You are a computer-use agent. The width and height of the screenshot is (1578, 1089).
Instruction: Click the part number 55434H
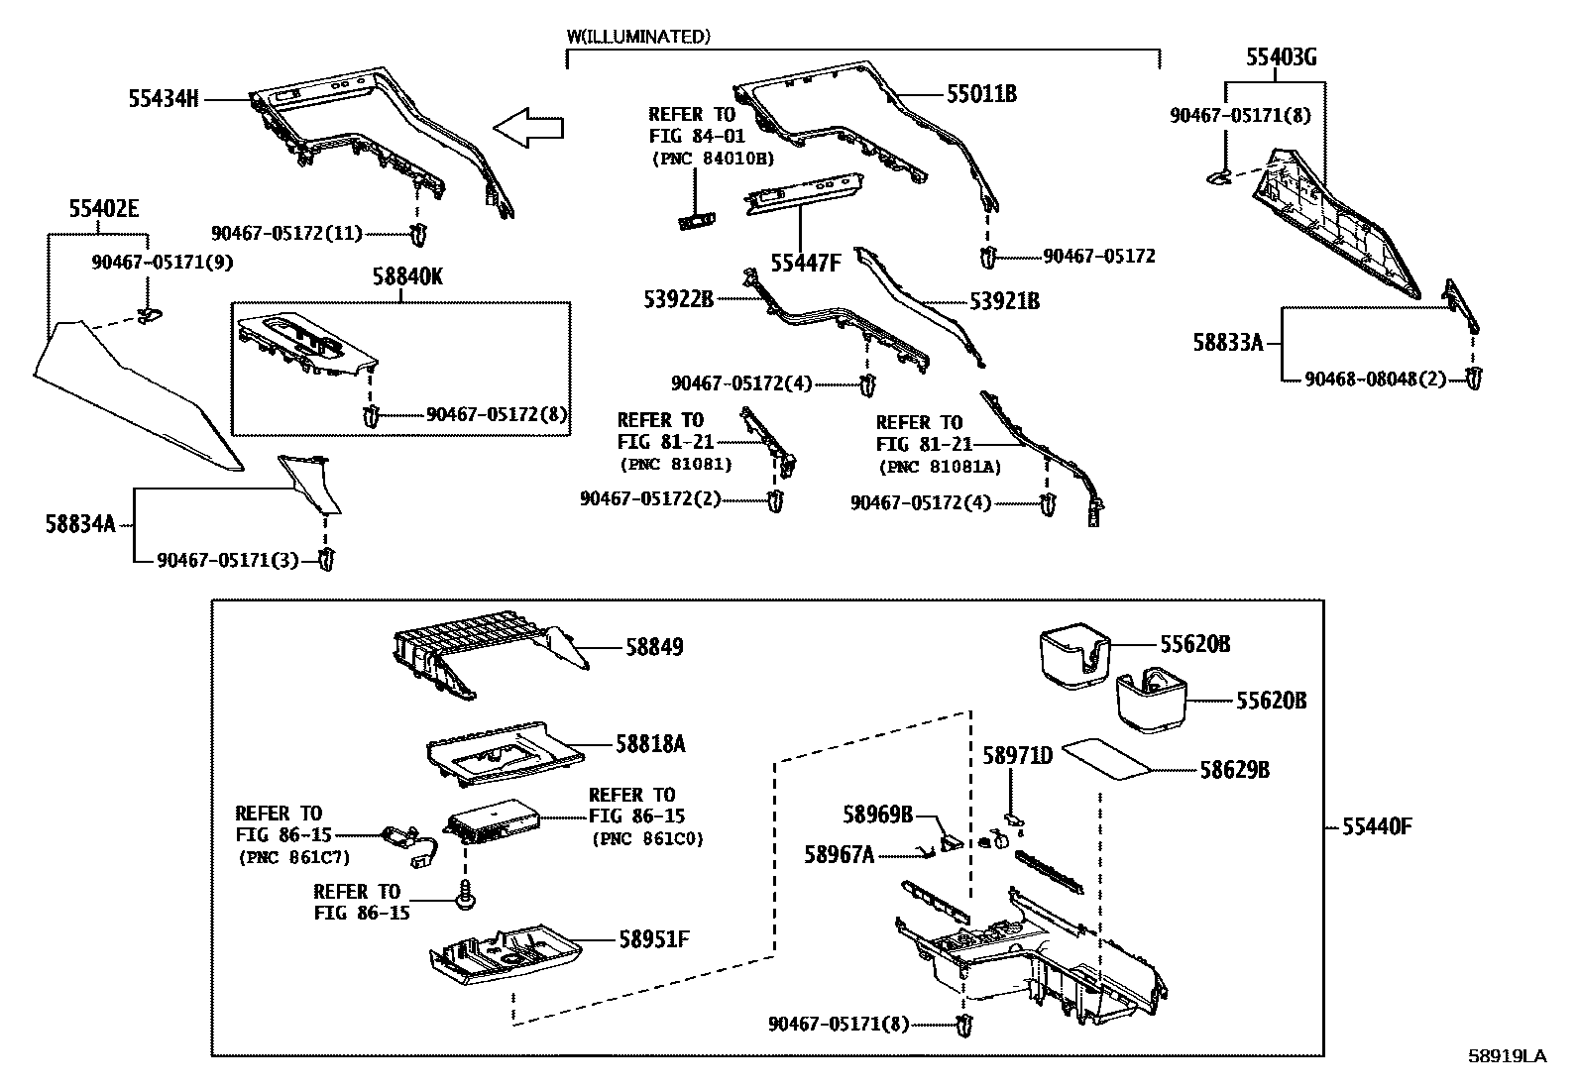coord(164,98)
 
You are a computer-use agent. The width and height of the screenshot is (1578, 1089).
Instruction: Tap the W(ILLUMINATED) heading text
coord(638,38)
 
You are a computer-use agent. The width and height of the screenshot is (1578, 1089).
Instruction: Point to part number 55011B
coord(981,94)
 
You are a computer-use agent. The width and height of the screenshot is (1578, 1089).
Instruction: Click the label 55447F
coord(806,263)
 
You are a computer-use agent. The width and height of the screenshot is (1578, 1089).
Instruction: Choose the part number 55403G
coord(1281,58)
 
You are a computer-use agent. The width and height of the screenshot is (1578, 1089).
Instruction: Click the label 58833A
coord(1228,343)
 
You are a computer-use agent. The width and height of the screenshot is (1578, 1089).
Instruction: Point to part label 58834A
coord(80,523)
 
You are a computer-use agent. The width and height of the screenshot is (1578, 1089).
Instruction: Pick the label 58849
coord(654,647)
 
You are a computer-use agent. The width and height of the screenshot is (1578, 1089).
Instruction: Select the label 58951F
coord(653,937)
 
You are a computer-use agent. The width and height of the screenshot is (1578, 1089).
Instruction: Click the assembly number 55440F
coord(1377,825)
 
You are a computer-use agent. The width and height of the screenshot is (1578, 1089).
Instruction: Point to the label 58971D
coord(1017,756)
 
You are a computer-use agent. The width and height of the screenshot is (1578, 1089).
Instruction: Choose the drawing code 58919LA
coord(1507,1056)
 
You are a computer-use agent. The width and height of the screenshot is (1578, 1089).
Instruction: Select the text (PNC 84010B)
coord(712,159)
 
